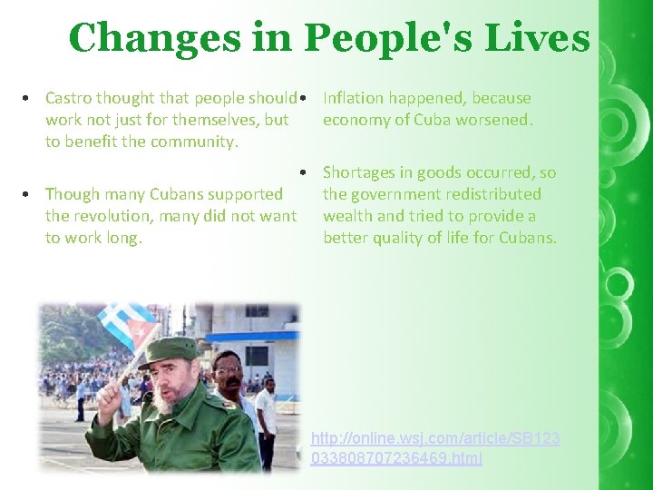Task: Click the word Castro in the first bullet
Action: point(69,98)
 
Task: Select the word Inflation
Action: point(356,98)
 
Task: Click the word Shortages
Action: point(361,172)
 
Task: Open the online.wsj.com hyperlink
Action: point(435,448)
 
